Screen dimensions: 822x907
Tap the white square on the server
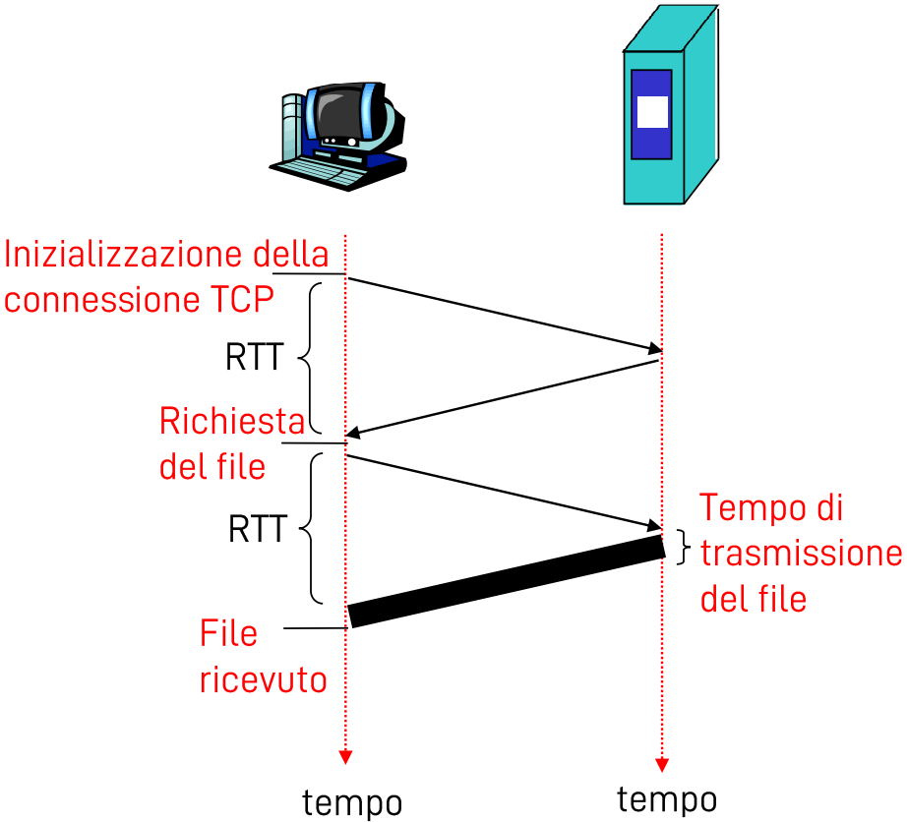tap(652, 112)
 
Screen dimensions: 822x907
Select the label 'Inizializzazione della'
tap(167, 255)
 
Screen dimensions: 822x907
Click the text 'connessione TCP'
tap(139, 298)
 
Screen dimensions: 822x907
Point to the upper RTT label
tap(255, 358)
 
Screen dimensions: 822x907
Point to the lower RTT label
tap(257, 530)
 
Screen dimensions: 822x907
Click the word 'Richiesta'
tap(232, 422)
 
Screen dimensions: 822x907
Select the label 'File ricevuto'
tap(263, 656)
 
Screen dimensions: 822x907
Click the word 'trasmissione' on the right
tap(801, 554)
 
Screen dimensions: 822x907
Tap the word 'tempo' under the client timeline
tap(352, 802)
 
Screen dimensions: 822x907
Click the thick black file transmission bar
tap(507, 581)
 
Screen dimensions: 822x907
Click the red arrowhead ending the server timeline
tap(662, 764)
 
